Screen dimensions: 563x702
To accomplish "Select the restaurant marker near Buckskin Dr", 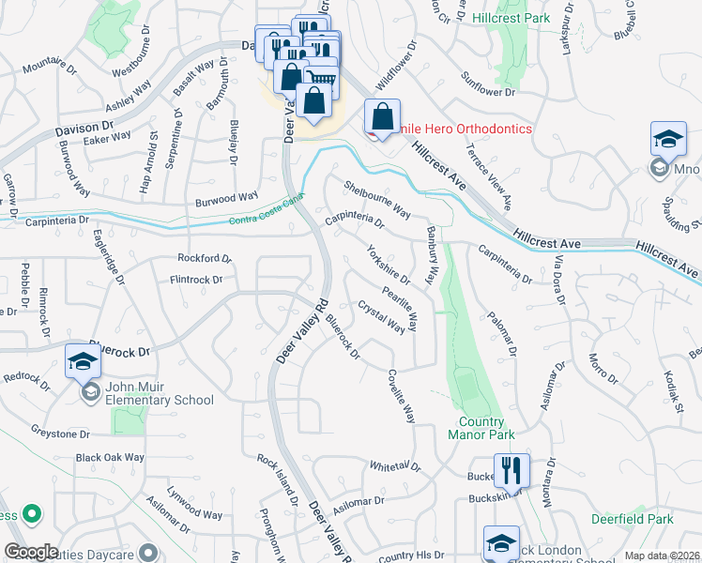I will click(511, 469).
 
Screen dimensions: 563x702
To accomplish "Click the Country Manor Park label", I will click(487, 428).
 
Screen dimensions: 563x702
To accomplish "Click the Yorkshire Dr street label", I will click(389, 265).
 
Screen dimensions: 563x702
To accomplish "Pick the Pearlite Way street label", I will click(400, 299).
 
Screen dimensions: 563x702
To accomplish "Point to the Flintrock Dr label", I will click(195, 279).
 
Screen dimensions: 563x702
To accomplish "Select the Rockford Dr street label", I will click(204, 258).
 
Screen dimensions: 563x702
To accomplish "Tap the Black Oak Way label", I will click(110, 458).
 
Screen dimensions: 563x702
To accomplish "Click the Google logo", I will click(32, 552).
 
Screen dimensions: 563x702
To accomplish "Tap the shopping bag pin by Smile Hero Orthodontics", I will click(382, 118).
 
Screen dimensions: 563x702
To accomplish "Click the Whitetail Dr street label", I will click(395, 465).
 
